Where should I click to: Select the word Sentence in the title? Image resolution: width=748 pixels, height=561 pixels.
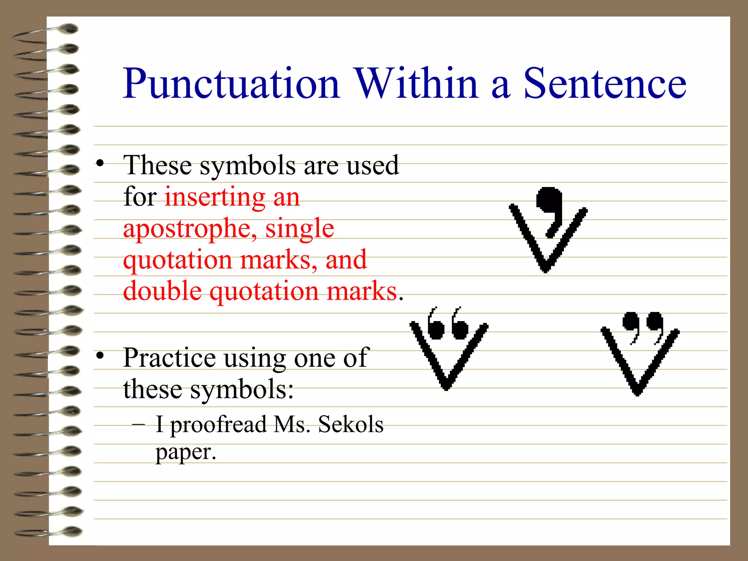(605, 84)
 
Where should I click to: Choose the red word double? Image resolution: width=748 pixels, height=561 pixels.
(162, 291)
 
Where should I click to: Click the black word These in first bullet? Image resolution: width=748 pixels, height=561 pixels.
(157, 165)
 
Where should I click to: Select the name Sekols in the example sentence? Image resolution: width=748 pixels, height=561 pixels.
(351, 424)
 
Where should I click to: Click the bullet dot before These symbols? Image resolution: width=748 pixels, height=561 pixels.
(100, 163)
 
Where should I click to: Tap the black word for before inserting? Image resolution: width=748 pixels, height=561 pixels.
(140, 197)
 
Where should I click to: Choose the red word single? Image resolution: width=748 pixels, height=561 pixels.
(299, 229)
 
